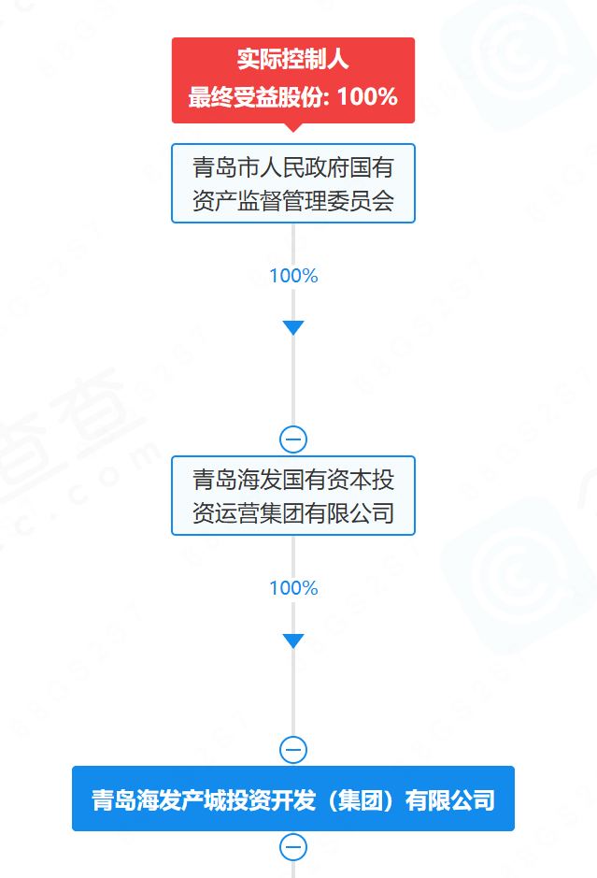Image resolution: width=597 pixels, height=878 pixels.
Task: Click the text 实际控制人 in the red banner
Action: click(x=292, y=59)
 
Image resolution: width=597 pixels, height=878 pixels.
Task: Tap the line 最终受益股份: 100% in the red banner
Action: click(x=292, y=97)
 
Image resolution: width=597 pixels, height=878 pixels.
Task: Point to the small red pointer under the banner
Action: click(x=293, y=127)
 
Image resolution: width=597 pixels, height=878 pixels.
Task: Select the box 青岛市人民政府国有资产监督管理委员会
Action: click(x=293, y=183)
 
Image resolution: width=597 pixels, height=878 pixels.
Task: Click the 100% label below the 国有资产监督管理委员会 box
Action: click(x=293, y=276)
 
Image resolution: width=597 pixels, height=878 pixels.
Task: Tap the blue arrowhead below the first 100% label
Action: click(x=293, y=327)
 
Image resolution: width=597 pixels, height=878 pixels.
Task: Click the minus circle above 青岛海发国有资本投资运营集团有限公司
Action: click(x=293, y=439)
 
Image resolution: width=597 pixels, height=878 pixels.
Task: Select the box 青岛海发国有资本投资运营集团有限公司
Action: click(x=293, y=496)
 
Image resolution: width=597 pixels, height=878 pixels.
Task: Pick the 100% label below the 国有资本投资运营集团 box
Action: click(x=293, y=588)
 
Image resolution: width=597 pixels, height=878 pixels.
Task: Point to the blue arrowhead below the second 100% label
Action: click(x=293, y=641)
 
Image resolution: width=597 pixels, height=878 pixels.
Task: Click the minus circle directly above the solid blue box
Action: click(x=293, y=750)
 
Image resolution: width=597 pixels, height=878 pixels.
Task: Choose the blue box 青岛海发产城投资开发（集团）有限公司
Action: click(x=293, y=799)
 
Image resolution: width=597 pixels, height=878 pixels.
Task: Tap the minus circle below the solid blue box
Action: click(x=293, y=847)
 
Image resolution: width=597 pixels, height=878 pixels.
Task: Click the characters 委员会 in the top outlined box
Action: click(x=361, y=200)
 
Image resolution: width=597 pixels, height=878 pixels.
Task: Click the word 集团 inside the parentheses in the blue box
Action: click(x=361, y=800)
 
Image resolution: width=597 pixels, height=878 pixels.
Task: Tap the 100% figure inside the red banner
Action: click(x=367, y=97)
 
